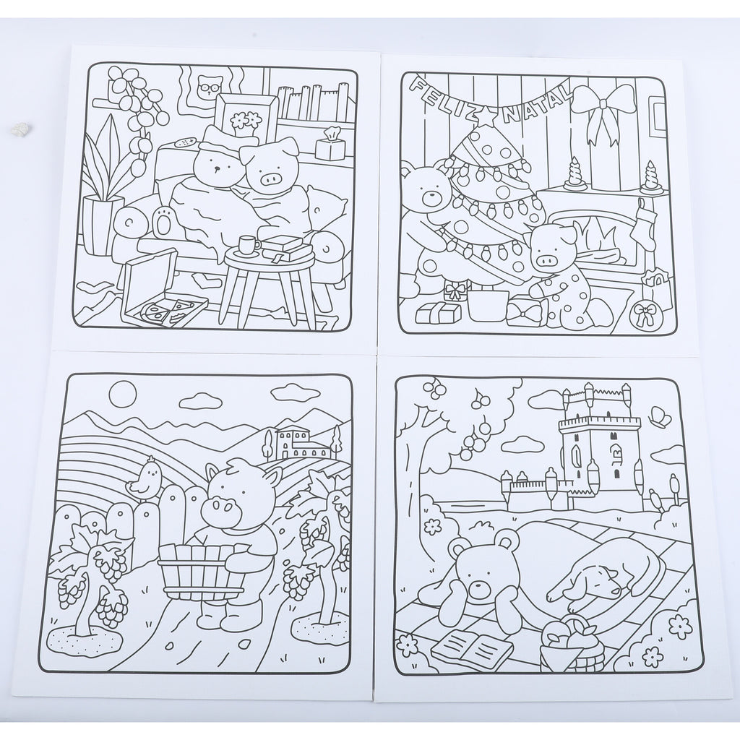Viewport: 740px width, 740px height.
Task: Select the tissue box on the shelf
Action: [x=329, y=145]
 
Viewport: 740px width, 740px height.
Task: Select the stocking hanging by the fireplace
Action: [x=645, y=223]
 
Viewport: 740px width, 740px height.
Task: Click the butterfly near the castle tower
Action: [x=659, y=416]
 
